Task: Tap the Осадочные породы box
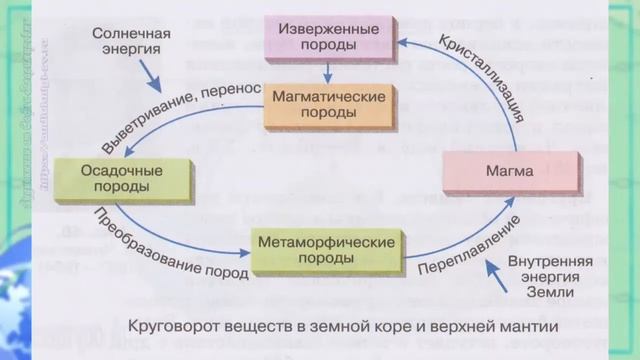click(x=109, y=179)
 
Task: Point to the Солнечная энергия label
click(x=131, y=41)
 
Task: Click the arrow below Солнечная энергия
click(x=150, y=72)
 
